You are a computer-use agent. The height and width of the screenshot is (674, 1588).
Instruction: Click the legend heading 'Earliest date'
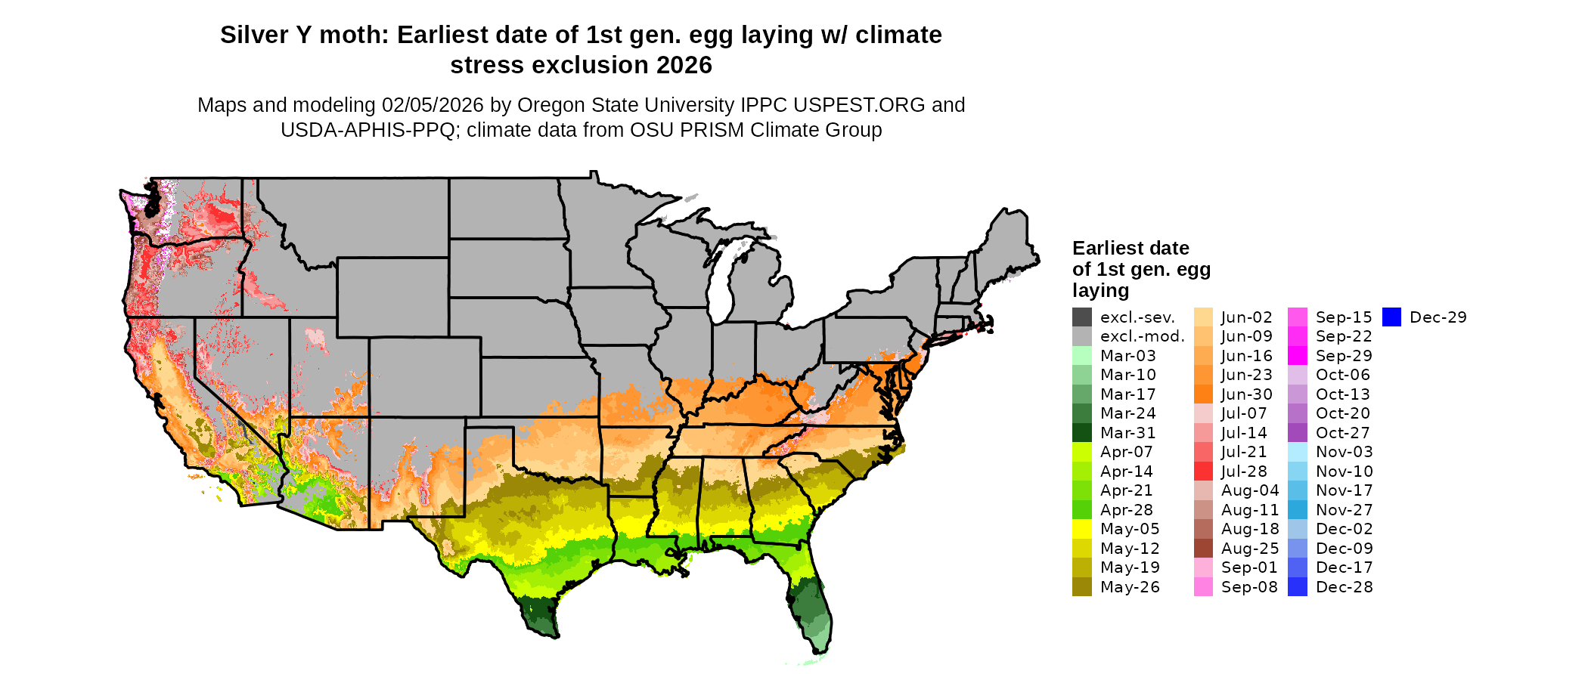pyautogui.click(x=1131, y=249)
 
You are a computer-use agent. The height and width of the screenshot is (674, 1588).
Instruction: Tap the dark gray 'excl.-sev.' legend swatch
pyautogui.click(x=1082, y=317)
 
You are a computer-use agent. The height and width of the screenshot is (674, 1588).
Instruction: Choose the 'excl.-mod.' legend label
pyautogui.click(x=1143, y=337)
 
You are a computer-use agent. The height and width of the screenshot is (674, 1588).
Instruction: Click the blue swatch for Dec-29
pyautogui.click(x=1391, y=317)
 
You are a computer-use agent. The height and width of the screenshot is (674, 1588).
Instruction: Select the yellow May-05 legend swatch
pyautogui.click(x=1082, y=529)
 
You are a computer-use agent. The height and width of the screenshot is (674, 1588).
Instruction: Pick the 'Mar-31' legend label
pyautogui.click(x=1128, y=433)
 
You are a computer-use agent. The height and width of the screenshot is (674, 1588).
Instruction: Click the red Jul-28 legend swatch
pyautogui.click(x=1203, y=471)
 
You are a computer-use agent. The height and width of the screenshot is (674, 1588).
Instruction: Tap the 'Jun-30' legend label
pyautogui.click(x=1247, y=394)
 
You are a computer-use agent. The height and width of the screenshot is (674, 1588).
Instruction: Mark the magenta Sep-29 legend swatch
pyautogui.click(x=1298, y=356)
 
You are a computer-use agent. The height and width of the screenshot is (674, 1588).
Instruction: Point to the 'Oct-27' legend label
pyautogui.click(x=1343, y=433)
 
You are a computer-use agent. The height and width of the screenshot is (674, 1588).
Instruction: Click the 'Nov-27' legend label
pyautogui.click(x=1344, y=510)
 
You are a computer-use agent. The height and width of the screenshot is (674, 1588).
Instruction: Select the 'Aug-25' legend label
pyautogui.click(x=1250, y=549)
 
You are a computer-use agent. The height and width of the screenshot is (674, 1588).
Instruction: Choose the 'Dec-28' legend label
pyautogui.click(x=1344, y=587)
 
